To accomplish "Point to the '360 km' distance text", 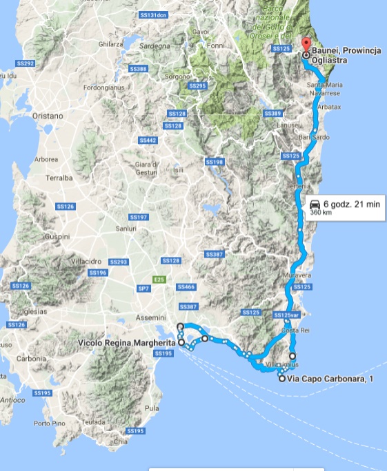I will click(321, 213).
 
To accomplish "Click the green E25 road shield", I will click(159, 279).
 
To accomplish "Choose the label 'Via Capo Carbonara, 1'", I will click(330, 378).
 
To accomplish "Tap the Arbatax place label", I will click(328, 107).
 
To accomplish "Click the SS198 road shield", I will click(215, 161).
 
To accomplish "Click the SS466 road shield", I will click(186, 286).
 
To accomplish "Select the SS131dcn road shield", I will click(152, 14).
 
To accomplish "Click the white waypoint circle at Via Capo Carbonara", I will click(281, 378).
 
